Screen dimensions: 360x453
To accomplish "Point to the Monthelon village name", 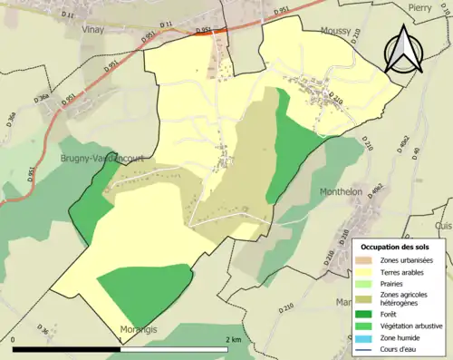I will (x=342, y=191).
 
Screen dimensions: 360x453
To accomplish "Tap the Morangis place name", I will (x=139, y=330).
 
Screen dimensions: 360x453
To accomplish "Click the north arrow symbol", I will (x=400, y=50).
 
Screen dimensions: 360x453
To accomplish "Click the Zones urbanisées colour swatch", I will (x=365, y=260).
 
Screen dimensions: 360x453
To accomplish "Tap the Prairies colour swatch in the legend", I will (x=365, y=282).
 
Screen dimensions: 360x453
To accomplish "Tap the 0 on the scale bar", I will (x=14, y=339).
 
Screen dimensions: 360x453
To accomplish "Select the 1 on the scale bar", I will (x=120, y=339).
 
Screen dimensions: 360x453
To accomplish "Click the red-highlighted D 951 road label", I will (x=205, y=30).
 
